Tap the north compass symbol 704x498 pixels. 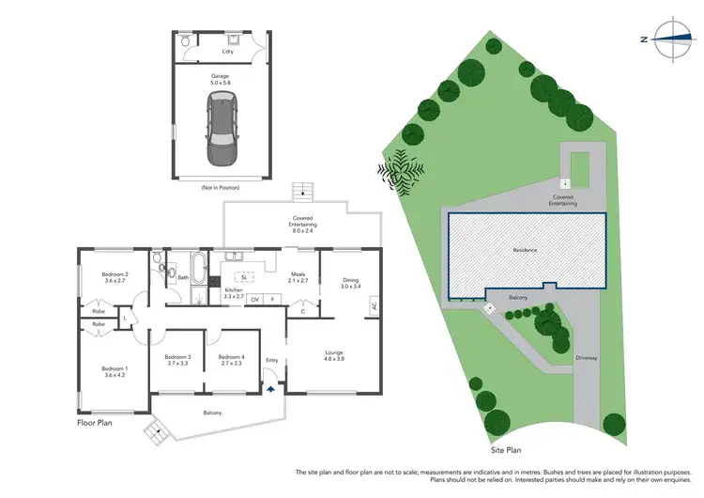669,39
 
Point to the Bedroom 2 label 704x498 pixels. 115,277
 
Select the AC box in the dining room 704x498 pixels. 374,306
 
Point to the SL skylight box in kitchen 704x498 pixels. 243,278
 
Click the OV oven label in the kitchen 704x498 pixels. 254,299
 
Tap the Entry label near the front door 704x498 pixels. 272,360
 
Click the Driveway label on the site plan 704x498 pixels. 587,358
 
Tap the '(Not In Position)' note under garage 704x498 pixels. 221,188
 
